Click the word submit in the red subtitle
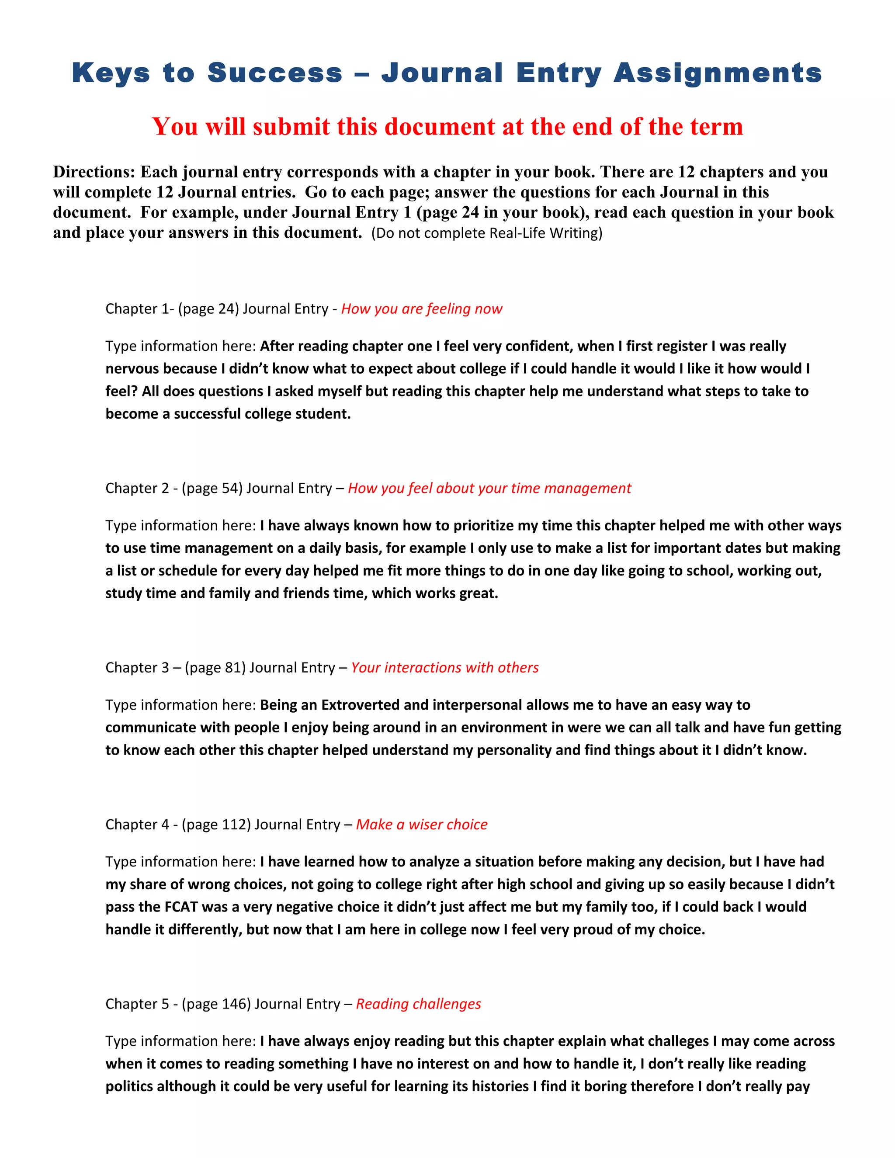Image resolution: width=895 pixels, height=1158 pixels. (291, 127)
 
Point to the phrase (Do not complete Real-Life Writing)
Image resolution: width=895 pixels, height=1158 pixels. (487, 233)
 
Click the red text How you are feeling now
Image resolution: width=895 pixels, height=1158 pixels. (422, 309)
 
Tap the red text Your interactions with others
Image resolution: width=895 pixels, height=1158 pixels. (445, 668)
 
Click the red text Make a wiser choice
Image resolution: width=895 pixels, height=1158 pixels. (422, 825)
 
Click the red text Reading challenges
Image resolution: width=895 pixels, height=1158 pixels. (418, 1004)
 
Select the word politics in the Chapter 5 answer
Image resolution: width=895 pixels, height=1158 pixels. (129, 1086)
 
